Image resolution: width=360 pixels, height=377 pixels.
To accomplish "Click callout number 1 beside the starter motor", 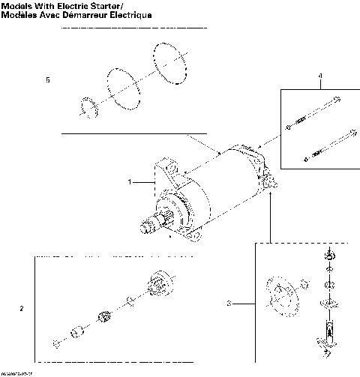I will click(x=130, y=181).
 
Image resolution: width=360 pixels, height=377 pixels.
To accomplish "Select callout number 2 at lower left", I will click(x=21, y=308).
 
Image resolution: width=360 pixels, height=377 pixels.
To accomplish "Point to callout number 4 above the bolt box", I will click(x=319, y=76).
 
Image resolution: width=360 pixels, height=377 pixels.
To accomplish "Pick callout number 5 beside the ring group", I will click(x=48, y=80).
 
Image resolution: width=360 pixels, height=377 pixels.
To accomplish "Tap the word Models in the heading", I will click(x=16, y=6).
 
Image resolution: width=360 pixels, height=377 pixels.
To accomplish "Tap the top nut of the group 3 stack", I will click(x=328, y=258).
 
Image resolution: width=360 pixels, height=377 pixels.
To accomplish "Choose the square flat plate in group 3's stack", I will click(x=328, y=302).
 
